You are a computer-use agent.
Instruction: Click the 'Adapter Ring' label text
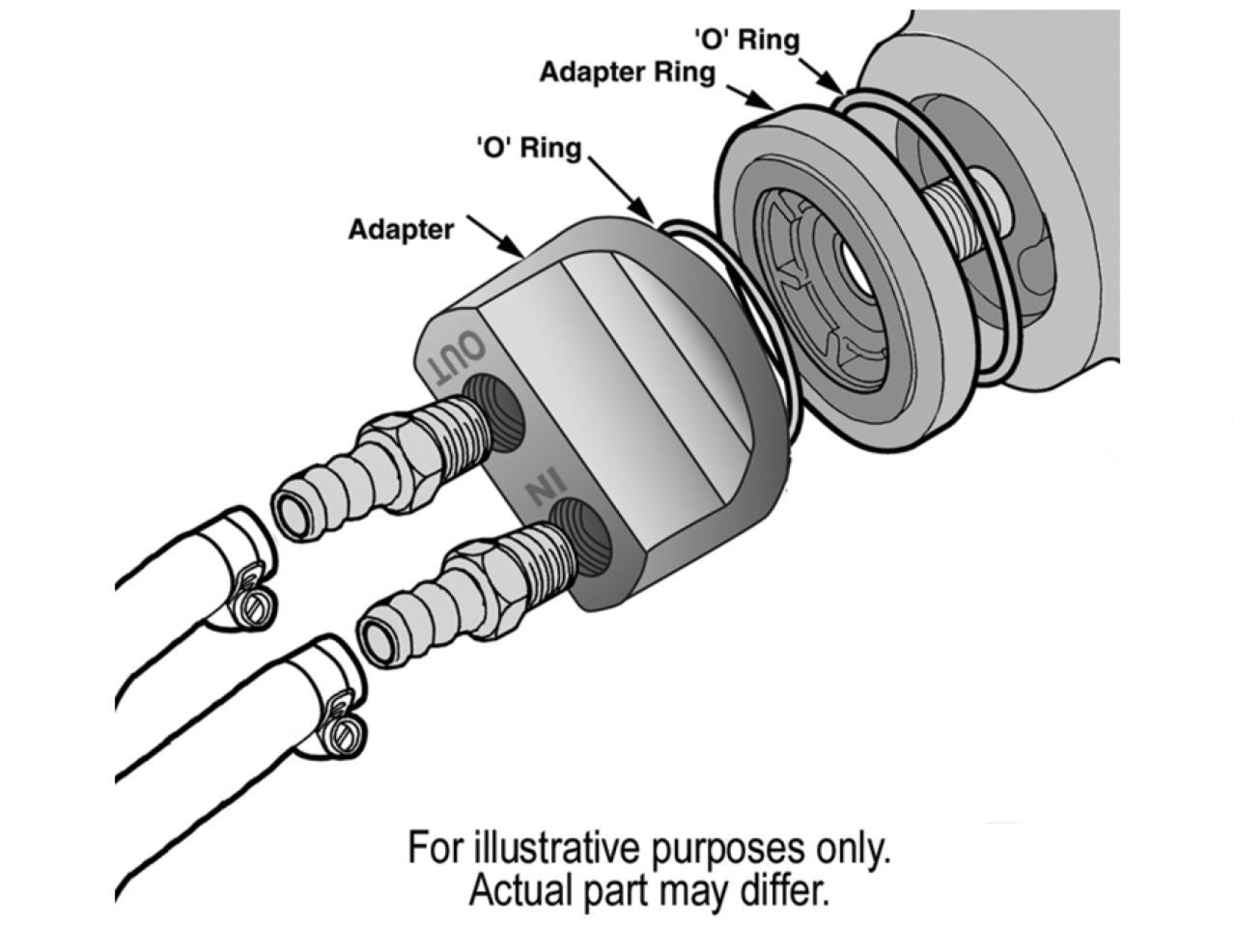(x=627, y=73)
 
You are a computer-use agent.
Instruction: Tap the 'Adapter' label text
(x=401, y=230)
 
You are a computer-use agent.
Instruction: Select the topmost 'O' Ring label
(x=746, y=40)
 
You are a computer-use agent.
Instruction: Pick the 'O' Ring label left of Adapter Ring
(x=529, y=149)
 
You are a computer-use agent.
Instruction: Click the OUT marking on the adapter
(x=455, y=356)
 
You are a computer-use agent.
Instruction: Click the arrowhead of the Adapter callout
(x=521, y=253)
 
